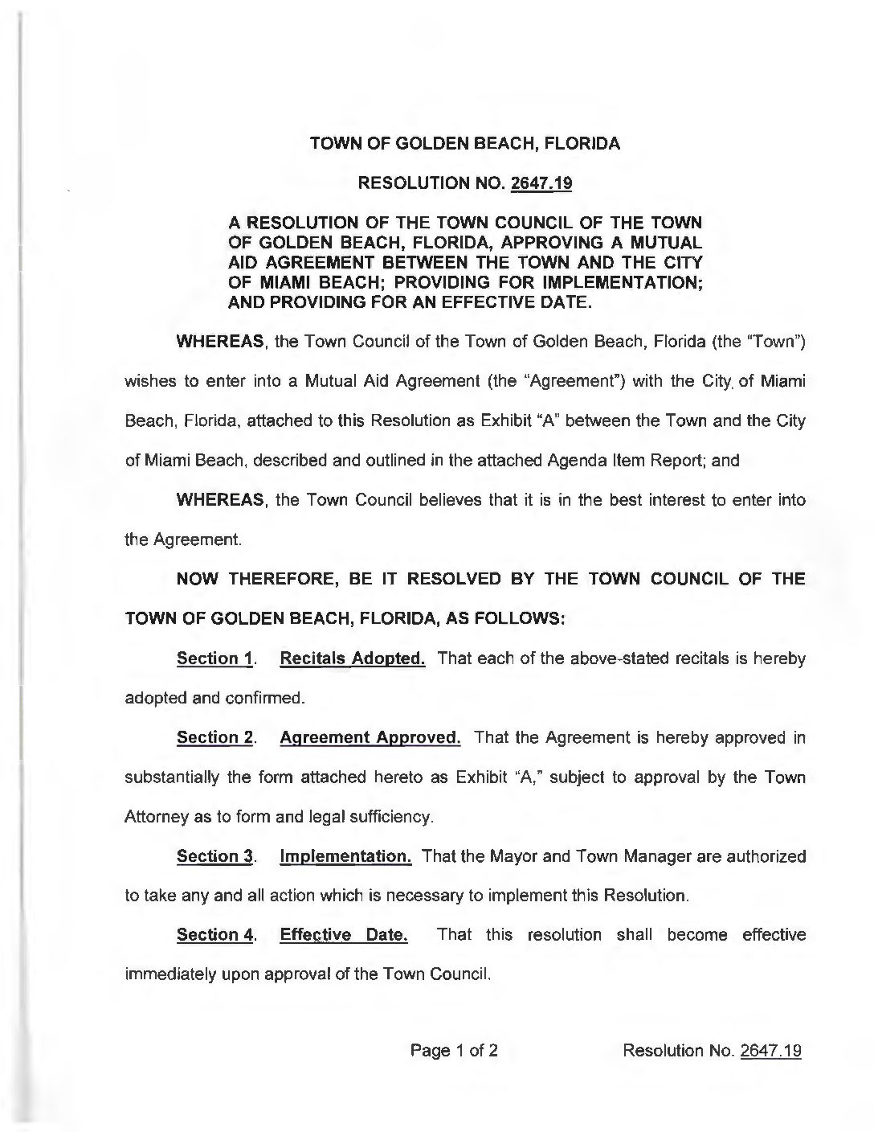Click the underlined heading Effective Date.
click(343, 935)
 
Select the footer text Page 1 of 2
click(455, 1050)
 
